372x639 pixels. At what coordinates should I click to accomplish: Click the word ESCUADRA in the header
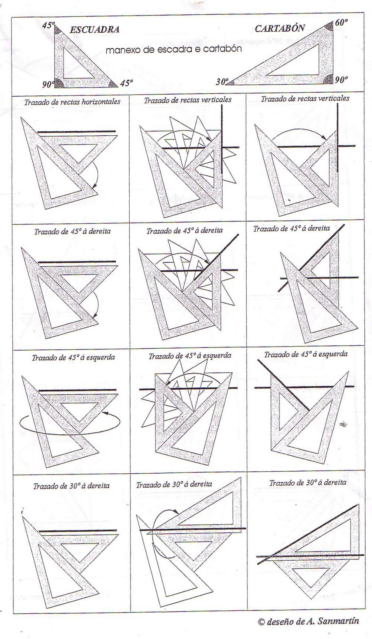94,30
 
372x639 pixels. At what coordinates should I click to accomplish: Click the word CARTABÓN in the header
280,28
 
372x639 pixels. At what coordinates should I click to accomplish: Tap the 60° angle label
341,22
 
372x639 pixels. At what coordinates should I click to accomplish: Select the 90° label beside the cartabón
341,80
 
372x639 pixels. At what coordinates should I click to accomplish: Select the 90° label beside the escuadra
48,84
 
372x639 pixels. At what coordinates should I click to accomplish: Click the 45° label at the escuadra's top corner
48,25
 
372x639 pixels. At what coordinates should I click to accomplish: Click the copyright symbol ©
261,621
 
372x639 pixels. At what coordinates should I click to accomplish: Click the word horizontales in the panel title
101,102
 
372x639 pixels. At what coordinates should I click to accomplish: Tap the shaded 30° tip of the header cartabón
232,83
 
